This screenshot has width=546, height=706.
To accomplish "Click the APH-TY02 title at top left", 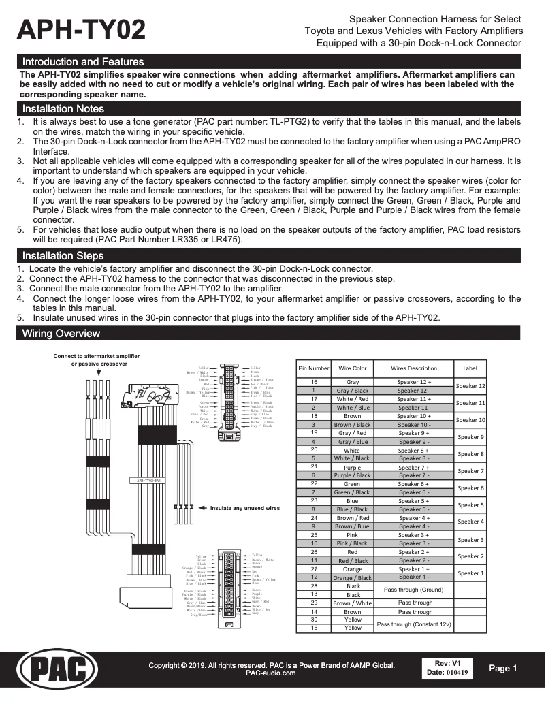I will coord(82,31).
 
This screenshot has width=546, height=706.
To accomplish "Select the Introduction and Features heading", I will coord(82,62).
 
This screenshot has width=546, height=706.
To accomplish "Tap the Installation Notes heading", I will coord(63,109).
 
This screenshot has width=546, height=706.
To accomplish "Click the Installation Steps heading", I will coord(63,256).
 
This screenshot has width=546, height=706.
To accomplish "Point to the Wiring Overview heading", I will coord(61,334).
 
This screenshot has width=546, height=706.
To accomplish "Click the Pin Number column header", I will coord(314,368).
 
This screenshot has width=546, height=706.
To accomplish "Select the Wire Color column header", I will coord(352,368).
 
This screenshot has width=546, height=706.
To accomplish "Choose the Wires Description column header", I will coord(414,368).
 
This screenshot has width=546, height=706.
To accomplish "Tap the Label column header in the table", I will coord(470,368).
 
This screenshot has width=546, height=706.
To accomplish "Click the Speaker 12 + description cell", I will coord(414,383).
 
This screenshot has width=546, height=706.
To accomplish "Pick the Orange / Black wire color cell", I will coord(352,577).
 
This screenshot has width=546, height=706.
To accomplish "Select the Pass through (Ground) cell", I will coord(413,590).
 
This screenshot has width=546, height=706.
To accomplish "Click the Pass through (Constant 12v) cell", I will coord(413,624).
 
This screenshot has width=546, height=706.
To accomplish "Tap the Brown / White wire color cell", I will coord(352,603).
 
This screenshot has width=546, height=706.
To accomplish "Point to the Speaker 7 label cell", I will coord(470,471).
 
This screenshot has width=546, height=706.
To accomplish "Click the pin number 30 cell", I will coord(314,620).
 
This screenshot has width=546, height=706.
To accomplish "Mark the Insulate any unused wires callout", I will coord(244,508).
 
